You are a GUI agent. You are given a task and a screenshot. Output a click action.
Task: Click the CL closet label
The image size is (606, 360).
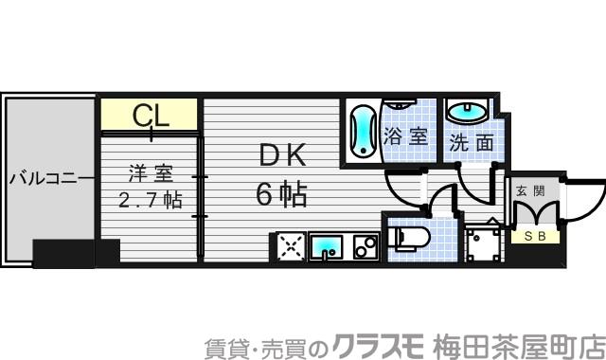point(150,116)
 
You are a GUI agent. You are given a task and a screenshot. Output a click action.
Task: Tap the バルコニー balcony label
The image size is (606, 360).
point(50,176)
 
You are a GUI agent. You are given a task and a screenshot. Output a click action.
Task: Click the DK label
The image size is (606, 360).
point(281,155)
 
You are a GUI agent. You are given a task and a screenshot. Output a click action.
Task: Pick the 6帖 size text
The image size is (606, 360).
point(281,195)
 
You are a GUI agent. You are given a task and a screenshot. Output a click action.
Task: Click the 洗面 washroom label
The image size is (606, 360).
point(471,144)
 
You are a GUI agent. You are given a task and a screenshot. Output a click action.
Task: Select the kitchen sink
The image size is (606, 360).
point(326,247)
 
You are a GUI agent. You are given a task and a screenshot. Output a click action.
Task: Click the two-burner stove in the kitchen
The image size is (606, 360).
point(365,247)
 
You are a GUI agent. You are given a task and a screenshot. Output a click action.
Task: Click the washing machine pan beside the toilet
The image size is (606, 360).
point(487,245)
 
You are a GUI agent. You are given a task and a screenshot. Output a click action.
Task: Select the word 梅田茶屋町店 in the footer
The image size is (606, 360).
point(519,344)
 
